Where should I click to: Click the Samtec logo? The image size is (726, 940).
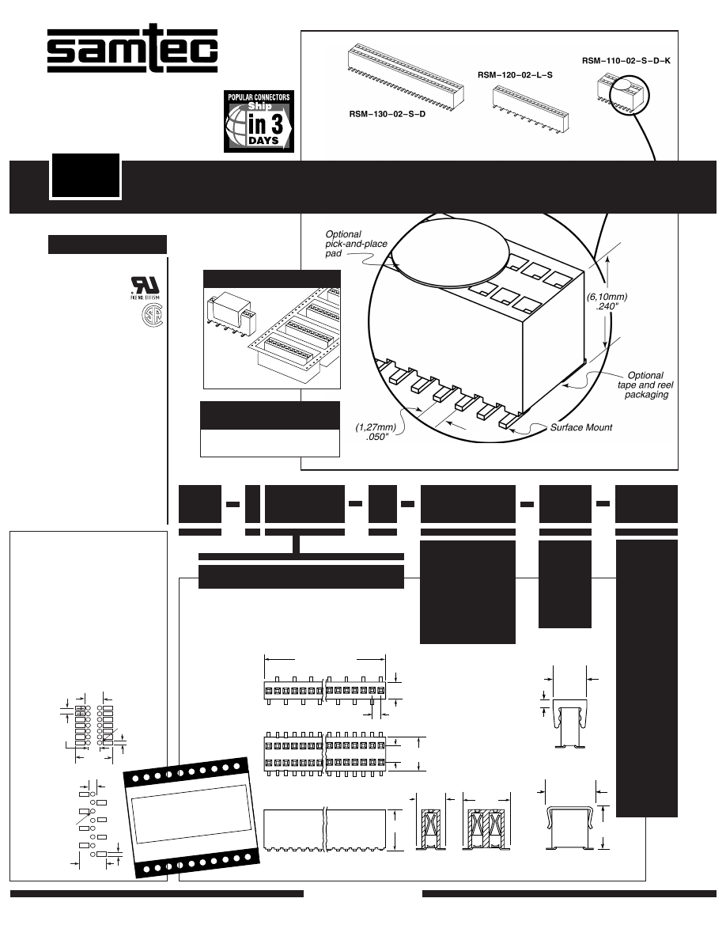tap(132, 48)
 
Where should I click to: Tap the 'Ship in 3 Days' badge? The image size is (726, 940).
tap(259, 121)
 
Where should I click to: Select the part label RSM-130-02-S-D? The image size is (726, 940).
tap(387, 114)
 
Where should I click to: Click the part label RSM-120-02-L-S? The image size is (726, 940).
tap(515, 75)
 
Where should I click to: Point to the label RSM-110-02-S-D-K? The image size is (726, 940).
tap(626, 61)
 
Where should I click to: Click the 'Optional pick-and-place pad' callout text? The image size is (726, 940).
tap(356, 244)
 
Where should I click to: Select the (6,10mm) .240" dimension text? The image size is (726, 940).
tap(607, 301)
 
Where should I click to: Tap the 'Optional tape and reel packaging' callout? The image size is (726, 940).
tap(645, 385)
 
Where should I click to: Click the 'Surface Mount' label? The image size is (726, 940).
tap(581, 427)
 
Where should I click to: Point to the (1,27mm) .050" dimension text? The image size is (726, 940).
tap(376, 432)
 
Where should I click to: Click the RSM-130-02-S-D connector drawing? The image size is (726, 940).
tap(406, 75)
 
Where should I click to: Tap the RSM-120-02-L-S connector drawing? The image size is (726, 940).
tap(531, 108)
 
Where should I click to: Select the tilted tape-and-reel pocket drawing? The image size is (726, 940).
tap(193, 817)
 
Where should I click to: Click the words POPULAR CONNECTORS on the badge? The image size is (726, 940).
tap(259, 97)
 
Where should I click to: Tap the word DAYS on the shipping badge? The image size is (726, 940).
tap(263, 141)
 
